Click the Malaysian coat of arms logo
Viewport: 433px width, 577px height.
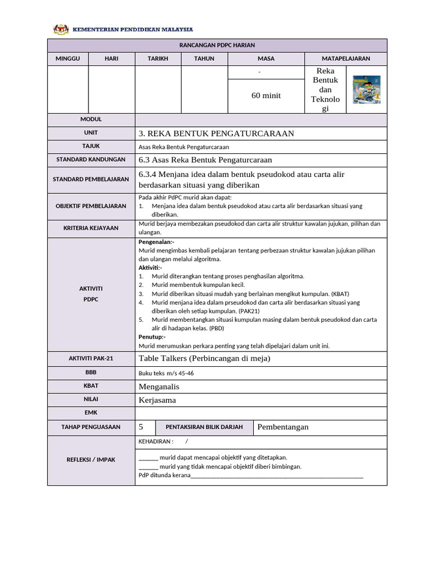click(x=60, y=29)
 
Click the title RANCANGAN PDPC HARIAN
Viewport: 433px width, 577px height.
click(x=217, y=46)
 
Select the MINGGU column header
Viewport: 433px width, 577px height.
click(x=68, y=59)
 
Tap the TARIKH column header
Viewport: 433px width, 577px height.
click(x=158, y=59)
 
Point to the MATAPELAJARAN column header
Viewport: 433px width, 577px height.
click(x=346, y=59)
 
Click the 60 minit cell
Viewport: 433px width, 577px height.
click(x=266, y=96)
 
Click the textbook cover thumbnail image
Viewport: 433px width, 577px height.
click(x=366, y=90)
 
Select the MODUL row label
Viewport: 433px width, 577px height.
click(x=91, y=119)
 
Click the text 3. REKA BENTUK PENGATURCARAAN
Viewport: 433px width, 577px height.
click(x=216, y=134)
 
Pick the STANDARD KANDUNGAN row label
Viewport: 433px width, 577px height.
click(x=91, y=160)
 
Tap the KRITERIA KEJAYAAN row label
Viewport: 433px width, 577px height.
click(x=91, y=228)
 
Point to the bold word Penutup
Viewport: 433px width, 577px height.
click(x=152, y=337)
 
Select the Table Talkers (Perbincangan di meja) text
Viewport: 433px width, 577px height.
click(x=204, y=358)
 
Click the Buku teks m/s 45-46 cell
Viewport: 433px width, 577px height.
click(x=166, y=373)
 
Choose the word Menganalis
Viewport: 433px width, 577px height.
click(x=159, y=387)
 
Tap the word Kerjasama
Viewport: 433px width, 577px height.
click(x=157, y=400)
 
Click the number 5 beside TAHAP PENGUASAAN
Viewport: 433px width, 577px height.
click(x=141, y=427)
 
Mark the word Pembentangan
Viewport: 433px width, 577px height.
click(x=283, y=427)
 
